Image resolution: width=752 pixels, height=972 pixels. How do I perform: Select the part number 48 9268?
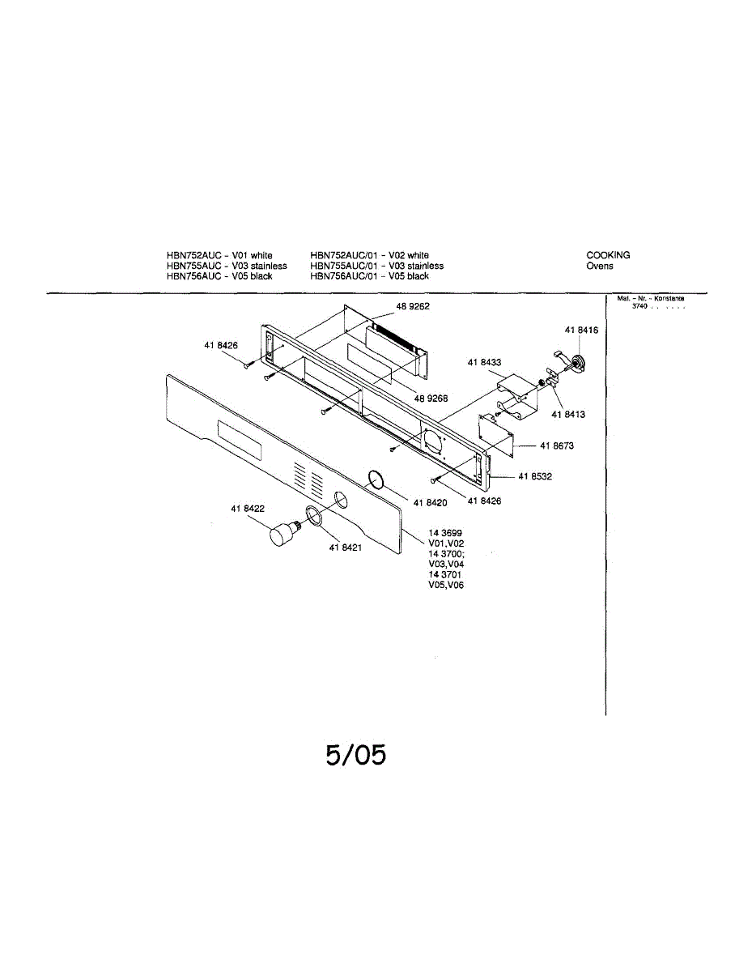point(431,399)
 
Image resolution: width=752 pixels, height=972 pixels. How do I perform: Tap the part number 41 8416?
point(581,330)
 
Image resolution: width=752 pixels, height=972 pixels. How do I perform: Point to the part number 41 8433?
point(484,363)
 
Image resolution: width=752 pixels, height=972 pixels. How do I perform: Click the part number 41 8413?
point(568,415)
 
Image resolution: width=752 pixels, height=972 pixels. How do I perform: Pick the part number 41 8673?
point(546,446)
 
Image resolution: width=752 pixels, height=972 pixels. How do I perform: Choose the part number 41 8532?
point(535,476)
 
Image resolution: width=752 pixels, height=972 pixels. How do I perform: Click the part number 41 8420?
point(430,503)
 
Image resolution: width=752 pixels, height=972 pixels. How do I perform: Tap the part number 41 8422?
point(248,509)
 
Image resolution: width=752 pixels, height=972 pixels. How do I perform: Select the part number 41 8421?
point(345,548)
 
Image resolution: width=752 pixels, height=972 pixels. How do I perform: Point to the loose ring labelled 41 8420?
point(374,480)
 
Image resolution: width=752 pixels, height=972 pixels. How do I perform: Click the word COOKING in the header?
point(608,255)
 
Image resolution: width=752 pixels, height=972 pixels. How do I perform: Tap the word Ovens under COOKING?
point(600,266)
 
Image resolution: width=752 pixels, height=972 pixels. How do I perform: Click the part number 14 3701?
point(445,574)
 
